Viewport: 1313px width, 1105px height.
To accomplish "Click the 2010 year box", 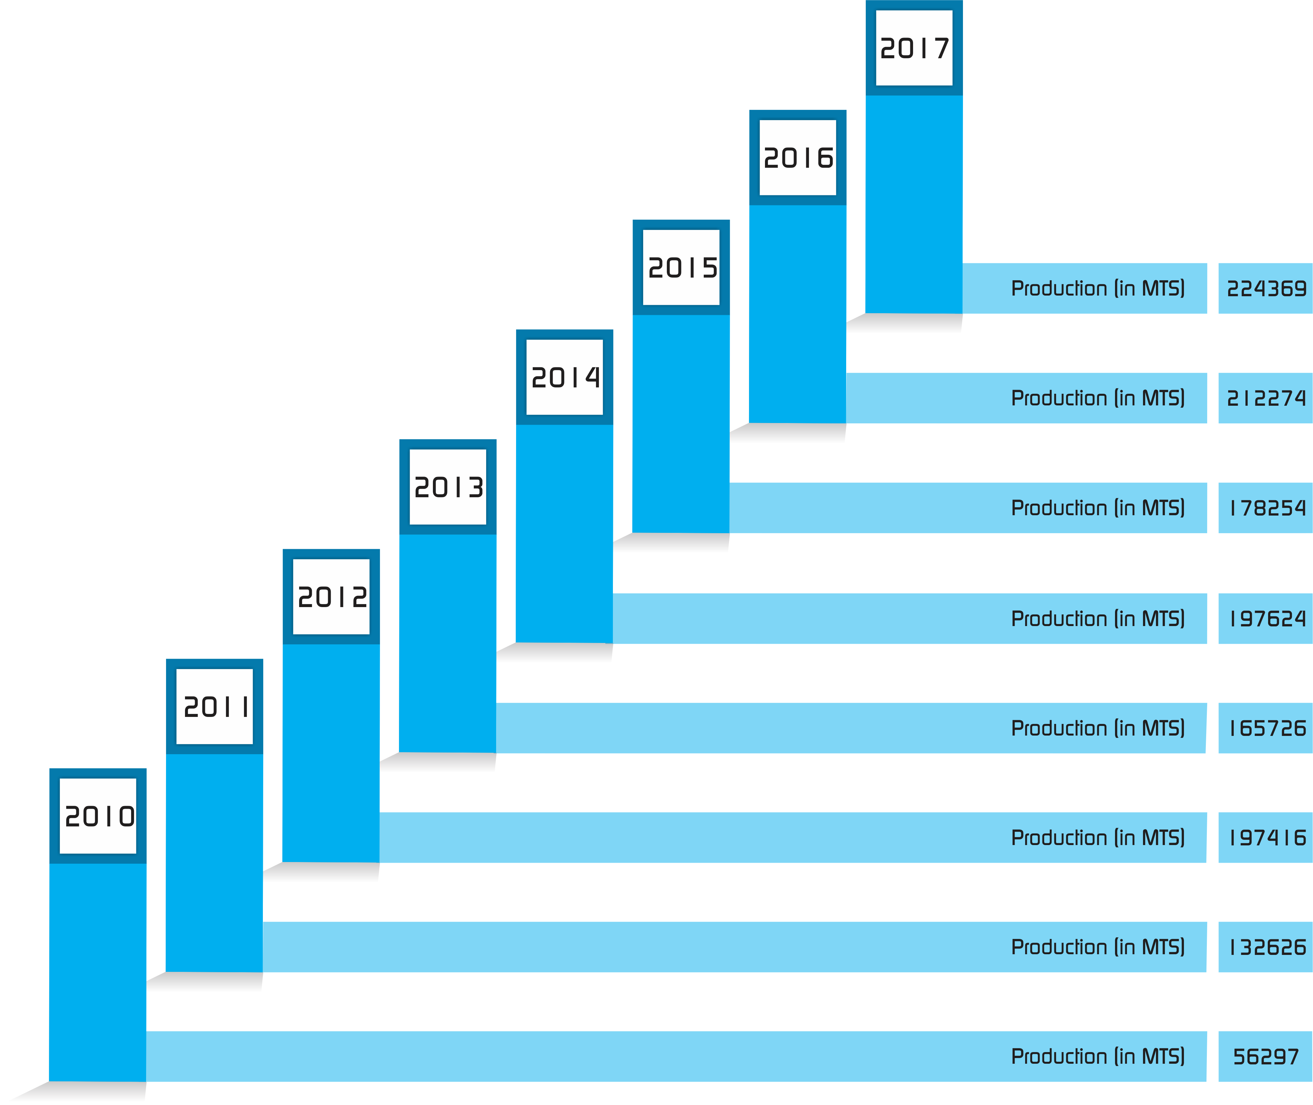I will [x=98, y=815].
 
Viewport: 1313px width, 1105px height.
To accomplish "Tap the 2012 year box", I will [x=331, y=596].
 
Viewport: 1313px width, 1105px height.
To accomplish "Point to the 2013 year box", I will [x=448, y=487].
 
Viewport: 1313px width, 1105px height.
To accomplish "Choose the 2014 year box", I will [x=565, y=377].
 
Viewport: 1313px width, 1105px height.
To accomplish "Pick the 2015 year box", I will [x=681, y=268].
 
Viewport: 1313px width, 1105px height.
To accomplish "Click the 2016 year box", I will [x=798, y=158].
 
